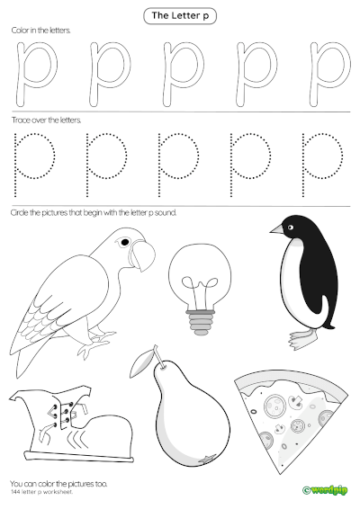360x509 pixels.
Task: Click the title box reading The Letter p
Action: tap(180, 15)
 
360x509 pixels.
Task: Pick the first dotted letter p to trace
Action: tap(34, 162)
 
